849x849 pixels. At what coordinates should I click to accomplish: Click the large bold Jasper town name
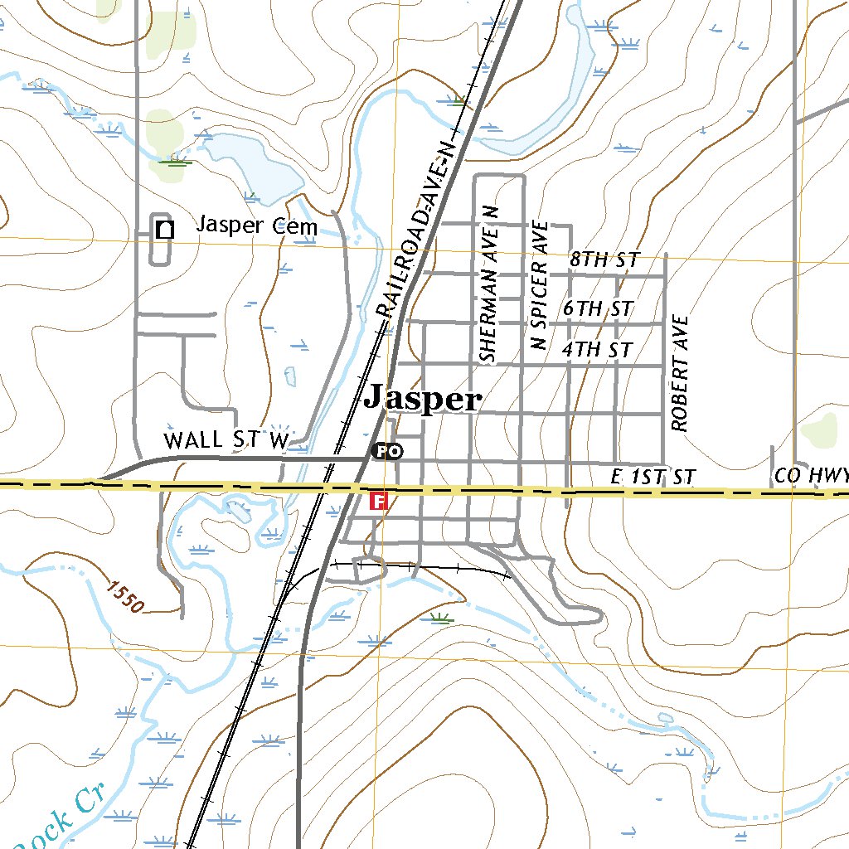422,400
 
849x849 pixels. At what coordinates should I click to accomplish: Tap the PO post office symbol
387,451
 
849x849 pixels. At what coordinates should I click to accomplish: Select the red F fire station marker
378,501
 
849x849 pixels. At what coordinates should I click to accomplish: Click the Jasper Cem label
256,226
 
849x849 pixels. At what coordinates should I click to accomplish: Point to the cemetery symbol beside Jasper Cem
165,229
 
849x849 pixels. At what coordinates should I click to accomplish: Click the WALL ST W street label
226,439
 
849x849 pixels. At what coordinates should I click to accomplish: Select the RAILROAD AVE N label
416,230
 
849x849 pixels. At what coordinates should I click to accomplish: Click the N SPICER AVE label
539,284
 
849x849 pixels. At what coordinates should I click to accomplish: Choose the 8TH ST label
604,260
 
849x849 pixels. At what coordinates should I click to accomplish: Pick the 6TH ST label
598,308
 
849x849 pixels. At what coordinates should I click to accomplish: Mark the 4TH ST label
597,349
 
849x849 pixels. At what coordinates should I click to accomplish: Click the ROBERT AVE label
681,372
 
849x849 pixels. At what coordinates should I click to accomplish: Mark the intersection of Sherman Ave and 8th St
475,273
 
